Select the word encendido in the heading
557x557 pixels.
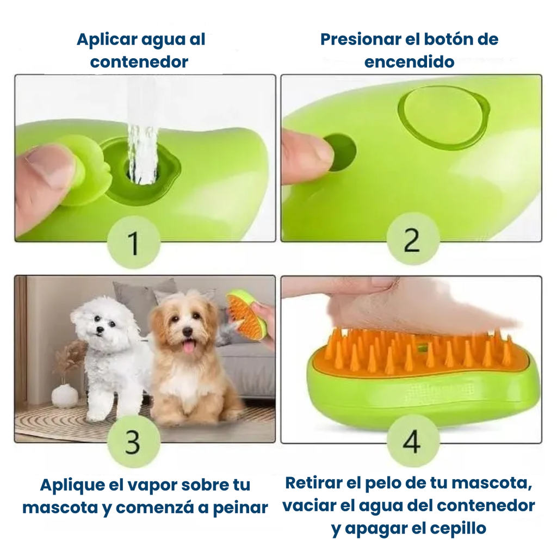pos(409,61)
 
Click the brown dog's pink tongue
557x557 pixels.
pos(189,346)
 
